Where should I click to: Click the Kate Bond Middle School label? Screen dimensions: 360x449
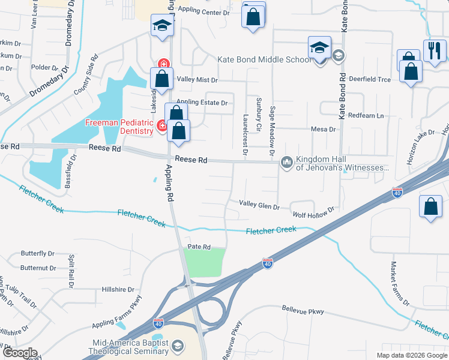pos(264,60)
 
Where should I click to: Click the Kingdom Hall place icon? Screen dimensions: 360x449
pos(286,163)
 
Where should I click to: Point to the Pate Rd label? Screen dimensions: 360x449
pos(199,247)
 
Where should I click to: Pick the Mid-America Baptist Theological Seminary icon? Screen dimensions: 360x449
pos(178,346)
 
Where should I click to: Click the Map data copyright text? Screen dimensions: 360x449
pos(411,355)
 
